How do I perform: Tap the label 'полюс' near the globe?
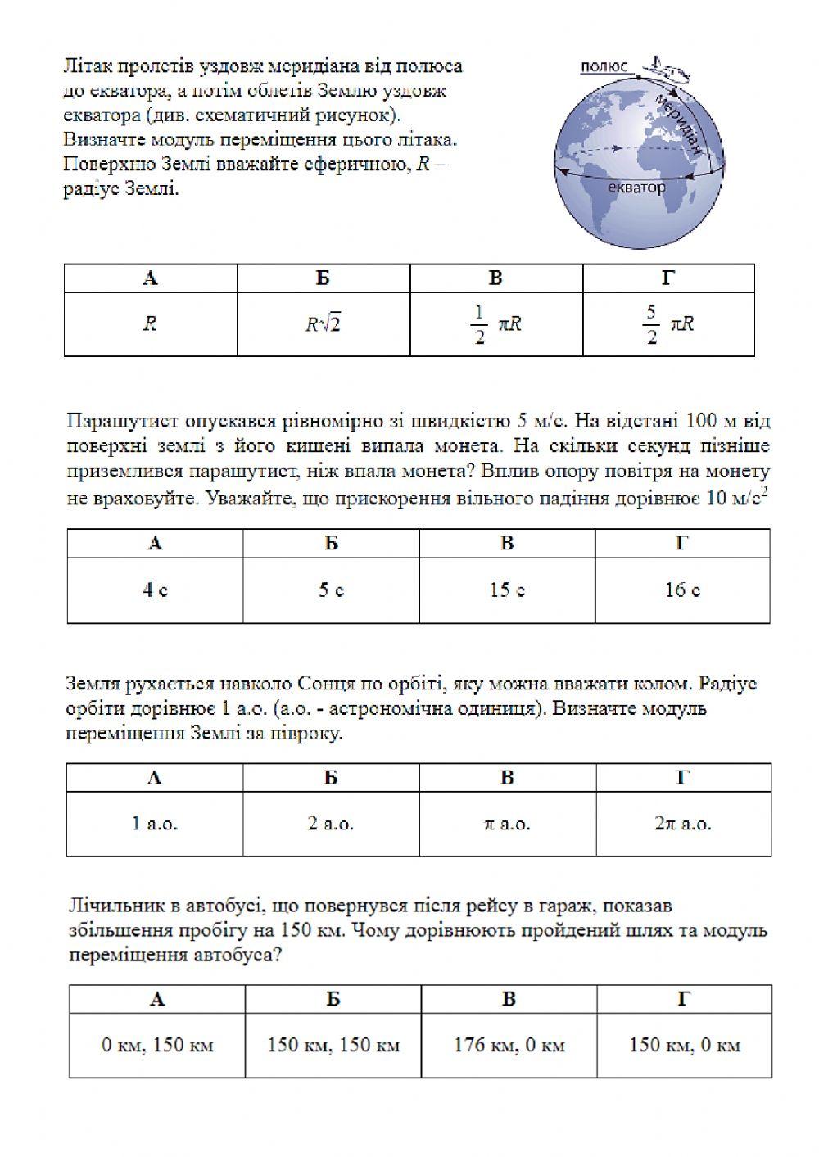coord(604,66)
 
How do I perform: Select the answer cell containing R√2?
coord(324,323)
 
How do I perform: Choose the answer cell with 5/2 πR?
coord(668,323)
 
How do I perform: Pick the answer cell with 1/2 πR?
coord(496,323)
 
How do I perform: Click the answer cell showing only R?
coord(150,323)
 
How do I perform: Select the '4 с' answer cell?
coord(155,590)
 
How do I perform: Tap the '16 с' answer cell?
coord(682,590)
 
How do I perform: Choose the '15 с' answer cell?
coord(507,590)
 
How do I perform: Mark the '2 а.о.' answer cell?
coord(331,824)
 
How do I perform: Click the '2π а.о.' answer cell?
coord(682,824)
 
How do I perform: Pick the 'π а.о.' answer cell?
coord(507,824)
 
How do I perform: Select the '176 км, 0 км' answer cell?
coord(509,1045)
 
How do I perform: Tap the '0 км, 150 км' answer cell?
coord(157,1045)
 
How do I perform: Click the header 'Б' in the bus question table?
coord(333,998)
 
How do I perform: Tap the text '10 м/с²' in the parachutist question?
coord(735,497)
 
